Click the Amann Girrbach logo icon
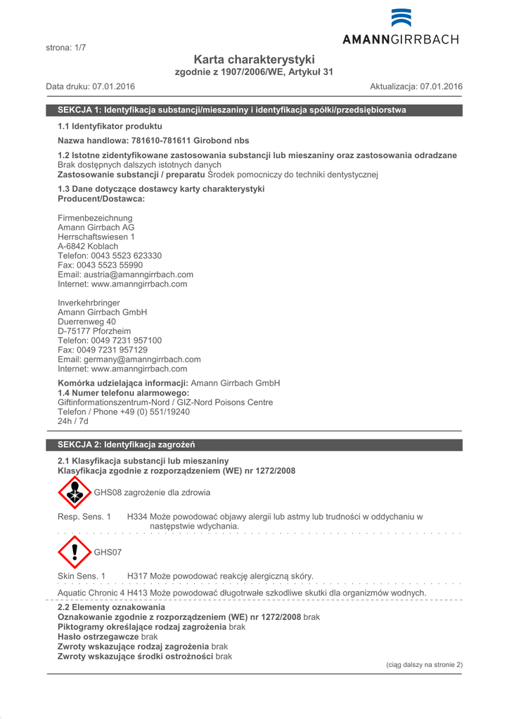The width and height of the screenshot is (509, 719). point(401,18)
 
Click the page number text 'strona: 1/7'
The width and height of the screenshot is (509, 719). point(65,48)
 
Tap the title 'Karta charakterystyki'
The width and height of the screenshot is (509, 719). point(254,60)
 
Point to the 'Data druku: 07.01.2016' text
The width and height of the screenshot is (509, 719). point(91,86)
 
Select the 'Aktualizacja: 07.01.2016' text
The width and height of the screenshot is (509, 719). point(416,86)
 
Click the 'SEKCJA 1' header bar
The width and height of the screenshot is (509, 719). point(254,110)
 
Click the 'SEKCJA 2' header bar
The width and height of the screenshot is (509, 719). point(254,444)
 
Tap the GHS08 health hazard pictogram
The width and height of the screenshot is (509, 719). point(75,492)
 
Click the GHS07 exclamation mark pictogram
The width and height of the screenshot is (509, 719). point(75,552)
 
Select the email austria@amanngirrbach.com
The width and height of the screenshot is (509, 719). point(125,275)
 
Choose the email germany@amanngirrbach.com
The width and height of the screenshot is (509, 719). point(129,359)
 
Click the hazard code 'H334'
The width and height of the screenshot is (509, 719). point(137,517)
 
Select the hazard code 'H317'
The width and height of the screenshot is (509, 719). point(137,576)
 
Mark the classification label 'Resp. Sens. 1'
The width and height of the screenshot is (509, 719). point(84,517)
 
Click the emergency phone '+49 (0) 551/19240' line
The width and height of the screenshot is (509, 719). point(123,412)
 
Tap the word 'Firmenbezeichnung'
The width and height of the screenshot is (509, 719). point(94,218)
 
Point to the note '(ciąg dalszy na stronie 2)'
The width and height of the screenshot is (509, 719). point(424,664)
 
